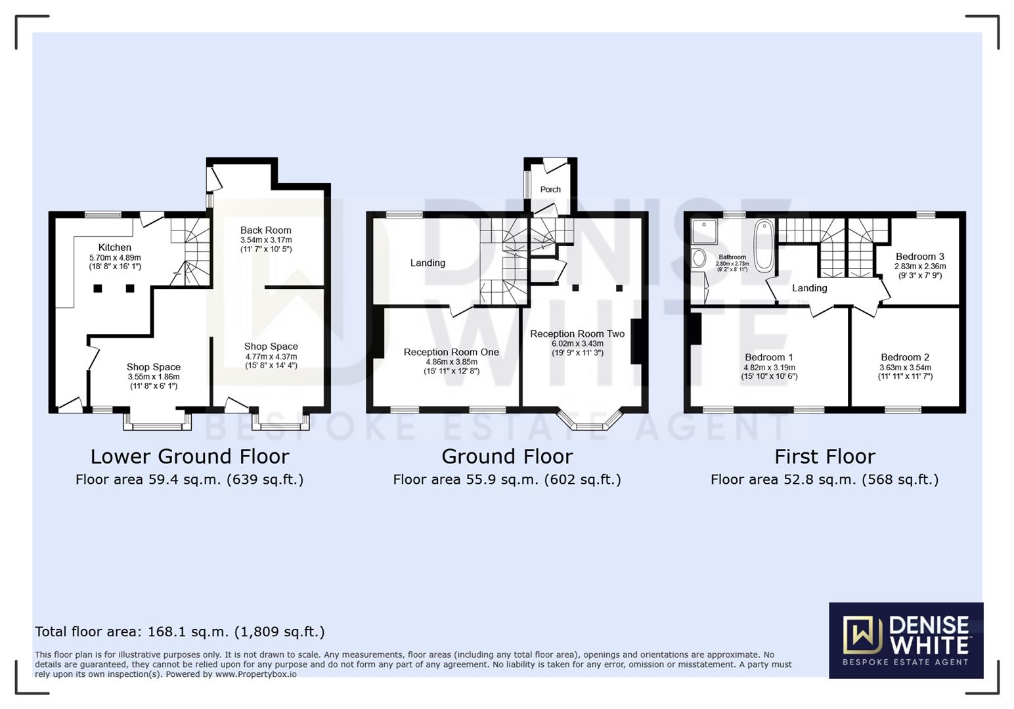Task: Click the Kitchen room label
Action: point(115,247)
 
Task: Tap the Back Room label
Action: point(265,230)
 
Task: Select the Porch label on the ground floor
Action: point(550,190)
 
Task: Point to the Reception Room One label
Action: point(451,353)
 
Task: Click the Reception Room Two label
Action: point(577,334)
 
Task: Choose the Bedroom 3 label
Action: point(919,257)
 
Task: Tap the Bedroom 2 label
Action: point(905,358)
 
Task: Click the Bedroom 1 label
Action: point(768,358)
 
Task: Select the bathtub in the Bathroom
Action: point(764,246)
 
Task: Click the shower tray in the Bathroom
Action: point(704,231)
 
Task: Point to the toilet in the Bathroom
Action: point(699,257)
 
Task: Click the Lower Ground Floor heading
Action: point(189,456)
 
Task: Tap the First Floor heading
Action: point(824,456)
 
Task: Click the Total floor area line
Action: point(179,632)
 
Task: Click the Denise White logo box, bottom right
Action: point(906,640)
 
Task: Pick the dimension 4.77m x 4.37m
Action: point(271,356)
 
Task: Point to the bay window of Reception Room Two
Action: point(589,420)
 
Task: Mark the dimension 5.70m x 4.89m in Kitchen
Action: point(115,258)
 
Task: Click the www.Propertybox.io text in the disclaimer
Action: point(255,674)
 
